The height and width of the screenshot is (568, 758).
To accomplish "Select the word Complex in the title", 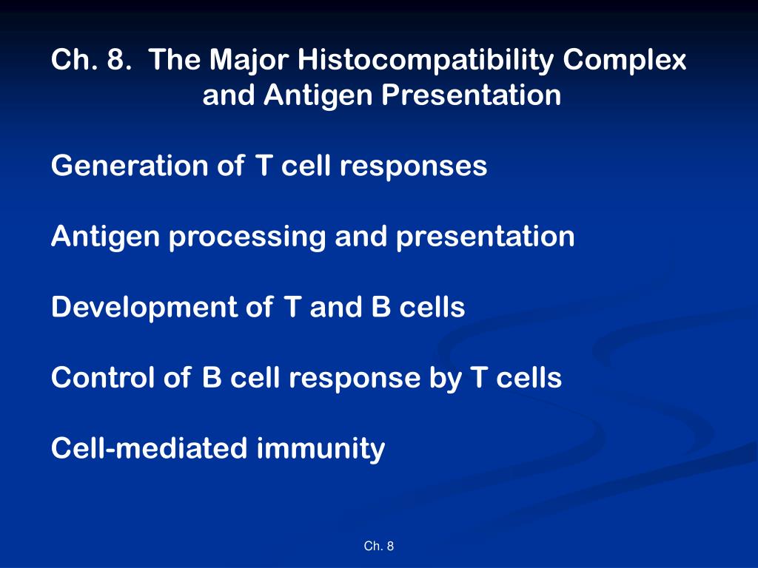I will pyautogui.click(x=625, y=60).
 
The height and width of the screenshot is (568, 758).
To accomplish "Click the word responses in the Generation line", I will pyautogui.click(x=413, y=166).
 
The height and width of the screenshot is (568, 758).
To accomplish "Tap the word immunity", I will pyautogui.click(x=321, y=449).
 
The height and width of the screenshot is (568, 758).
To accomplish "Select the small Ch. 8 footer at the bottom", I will pyautogui.click(x=379, y=547).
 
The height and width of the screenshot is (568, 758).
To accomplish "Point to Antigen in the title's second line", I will pyautogui.click(x=316, y=95).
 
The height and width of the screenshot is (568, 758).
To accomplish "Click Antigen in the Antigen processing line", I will pyautogui.click(x=107, y=237).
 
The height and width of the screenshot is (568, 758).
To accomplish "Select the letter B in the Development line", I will pyautogui.click(x=380, y=308).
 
